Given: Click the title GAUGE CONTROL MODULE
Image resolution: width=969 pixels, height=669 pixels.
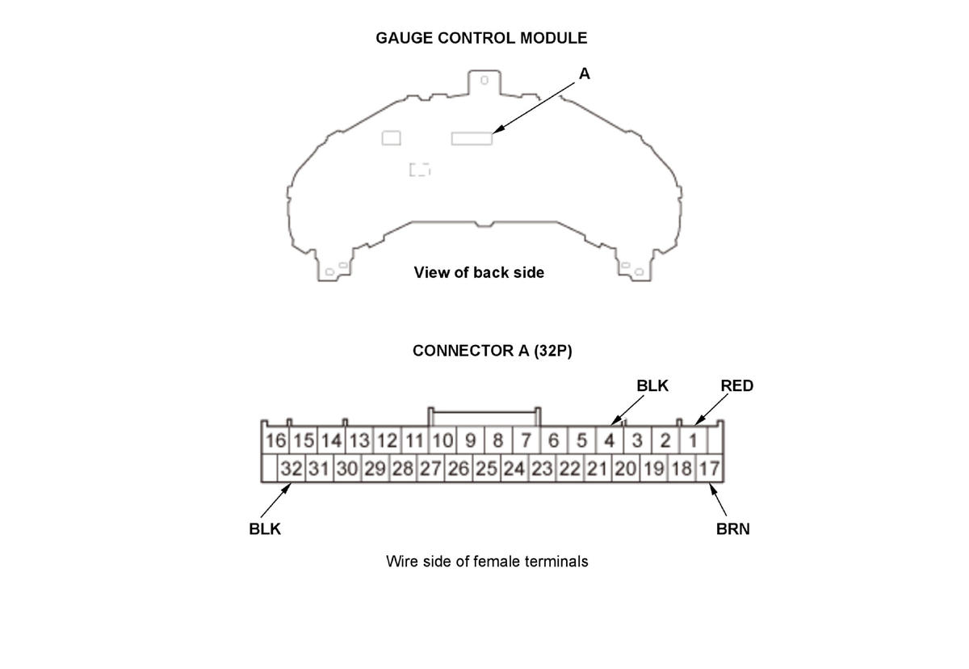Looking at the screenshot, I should pyautogui.click(x=481, y=38).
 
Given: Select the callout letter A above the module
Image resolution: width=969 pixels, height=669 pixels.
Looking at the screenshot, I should pyautogui.click(x=585, y=74).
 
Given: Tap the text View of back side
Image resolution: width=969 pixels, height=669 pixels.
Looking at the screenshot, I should pyautogui.click(x=479, y=272).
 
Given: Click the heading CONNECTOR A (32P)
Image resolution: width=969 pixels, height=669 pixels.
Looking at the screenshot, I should pyautogui.click(x=492, y=351).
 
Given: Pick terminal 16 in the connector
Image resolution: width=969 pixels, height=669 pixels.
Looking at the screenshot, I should pyautogui.click(x=276, y=441).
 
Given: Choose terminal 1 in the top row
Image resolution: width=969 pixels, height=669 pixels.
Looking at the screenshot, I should pyautogui.click(x=693, y=441).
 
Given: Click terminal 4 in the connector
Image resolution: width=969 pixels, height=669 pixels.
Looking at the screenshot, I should pyautogui.click(x=610, y=441).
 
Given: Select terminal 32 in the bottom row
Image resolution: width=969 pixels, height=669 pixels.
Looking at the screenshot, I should pyautogui.click(x=291, y=469).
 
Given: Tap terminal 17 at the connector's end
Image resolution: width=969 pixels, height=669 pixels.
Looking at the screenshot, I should pyautogui.click(x=709, y=469).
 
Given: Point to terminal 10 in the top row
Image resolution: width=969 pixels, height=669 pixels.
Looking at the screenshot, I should pyautogui.click(x=442, y=441).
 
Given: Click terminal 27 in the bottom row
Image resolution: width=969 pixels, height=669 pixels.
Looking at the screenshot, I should pyautogui.click(x=430, y=469).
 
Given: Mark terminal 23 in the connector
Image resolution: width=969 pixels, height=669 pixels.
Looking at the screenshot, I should pyautogui.click(x=541, y=469).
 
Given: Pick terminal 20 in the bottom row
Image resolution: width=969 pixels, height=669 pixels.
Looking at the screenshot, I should pyautogui.click(x=625, y=469).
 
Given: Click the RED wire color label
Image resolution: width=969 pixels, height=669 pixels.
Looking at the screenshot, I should pyautogui.click(x=736, y=386).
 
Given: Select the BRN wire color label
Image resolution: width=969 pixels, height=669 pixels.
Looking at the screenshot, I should pyautogui.click(x=732, y=529).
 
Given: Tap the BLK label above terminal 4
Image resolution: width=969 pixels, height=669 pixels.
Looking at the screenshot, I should pyautogui.click(x=652, y=386).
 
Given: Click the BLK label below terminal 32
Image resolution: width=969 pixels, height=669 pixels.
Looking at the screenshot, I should pyautogui.click(x=265, y=529).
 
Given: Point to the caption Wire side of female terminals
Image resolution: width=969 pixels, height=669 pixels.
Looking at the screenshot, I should pyautogui.click(x=487, y=561).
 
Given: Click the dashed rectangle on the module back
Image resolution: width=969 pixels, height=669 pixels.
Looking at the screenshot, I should pyautogui.click(x=419, y=170).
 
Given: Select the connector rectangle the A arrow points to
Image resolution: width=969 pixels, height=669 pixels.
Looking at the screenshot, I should pyautogui.click(x=472, y=138).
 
